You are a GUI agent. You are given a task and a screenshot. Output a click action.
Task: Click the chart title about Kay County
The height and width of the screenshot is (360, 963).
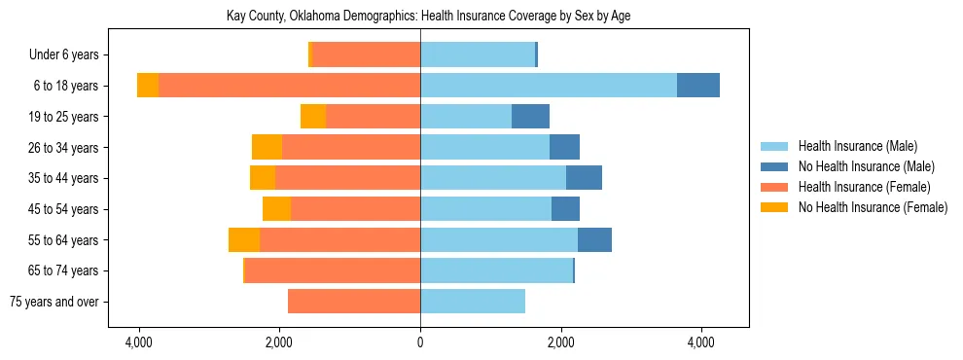pyautogui.click(x=421, y=17)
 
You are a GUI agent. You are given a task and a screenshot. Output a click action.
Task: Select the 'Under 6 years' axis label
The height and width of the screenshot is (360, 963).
pyautogui.click(x=70, y=55)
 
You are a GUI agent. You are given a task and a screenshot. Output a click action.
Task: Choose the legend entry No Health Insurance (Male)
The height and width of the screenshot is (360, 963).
pyautogui.click(x=866, y=166)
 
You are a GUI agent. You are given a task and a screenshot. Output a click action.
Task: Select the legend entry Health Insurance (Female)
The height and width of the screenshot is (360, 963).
pyautogui.click(x=864, y=187)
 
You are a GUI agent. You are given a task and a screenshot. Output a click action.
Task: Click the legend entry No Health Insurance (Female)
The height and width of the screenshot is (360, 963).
pyautogui.click(x=873, y=207)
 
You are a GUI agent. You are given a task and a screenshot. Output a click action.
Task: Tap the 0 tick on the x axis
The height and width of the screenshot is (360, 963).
pyautogui.click(x=420, y=342)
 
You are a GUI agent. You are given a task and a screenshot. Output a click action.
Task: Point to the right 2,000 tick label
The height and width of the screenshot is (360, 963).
pyautogui.click(x=560, y=342)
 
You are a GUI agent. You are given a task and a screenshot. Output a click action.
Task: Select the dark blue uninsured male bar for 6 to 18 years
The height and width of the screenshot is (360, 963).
pyautogui.click(x=698, y=86)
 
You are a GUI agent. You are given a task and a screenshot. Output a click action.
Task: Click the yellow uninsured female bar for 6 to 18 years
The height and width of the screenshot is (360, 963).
pyautogui.click(x=148, y=86)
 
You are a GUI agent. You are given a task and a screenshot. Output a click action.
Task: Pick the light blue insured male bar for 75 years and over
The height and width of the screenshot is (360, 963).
pyautogui.click(x=473, y=302)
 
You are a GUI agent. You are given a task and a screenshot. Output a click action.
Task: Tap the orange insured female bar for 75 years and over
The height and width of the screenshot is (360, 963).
pyautogui.click(x=354, y=302)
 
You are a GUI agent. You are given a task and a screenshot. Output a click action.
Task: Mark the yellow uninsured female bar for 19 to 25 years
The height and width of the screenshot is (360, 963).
pyautogui.click(x=313, y=117)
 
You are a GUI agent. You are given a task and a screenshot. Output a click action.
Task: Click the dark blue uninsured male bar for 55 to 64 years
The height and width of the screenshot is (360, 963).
pyautogui.click(x=594, y=240)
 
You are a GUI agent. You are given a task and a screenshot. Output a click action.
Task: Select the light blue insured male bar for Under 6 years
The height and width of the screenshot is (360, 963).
pyautogui.click(x=478, y=55)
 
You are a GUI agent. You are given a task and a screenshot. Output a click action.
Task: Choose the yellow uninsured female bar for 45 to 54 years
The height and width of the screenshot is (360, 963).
pyautogui.click(x=276, y=209)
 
